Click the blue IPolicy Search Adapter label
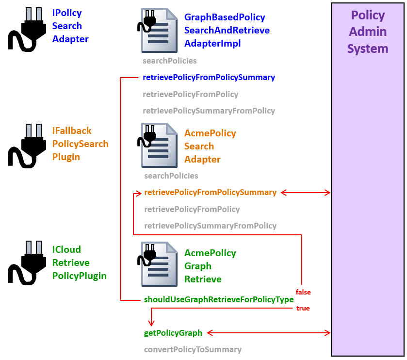(x=70, y=26)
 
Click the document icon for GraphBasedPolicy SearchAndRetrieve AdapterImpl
(x=159, y=30)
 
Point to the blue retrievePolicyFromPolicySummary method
(x=209, y=78)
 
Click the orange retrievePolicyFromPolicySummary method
(x=210, y=193)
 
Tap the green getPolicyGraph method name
(x=173, y=333)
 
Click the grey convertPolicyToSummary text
(x=193, y=350)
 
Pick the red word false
(x=303, y=292)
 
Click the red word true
(x=303, y=308)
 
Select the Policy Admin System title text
(x=368, y=32)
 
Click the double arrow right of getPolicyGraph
(x=269, y=333)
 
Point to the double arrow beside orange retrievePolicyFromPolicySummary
(x=306, y=193)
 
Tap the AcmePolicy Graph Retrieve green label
(x=210, y=266)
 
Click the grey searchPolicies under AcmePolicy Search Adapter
(x=171, y=176)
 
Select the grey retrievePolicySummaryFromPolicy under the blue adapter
(x=209, y=111)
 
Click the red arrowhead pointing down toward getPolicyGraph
(x=152, y=323)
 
